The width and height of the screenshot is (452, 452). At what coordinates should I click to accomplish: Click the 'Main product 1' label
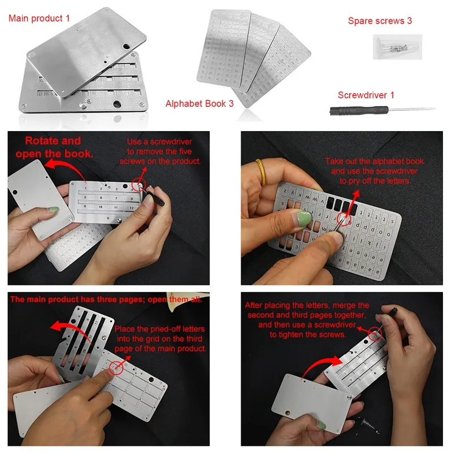(40, 18)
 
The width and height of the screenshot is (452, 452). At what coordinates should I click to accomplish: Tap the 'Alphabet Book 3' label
(199, 103)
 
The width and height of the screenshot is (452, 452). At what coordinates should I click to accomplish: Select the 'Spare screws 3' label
(380, 21)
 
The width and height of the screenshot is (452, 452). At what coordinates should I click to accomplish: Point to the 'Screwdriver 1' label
(366, 95)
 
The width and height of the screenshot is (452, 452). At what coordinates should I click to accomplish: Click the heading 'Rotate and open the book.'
(53, 147)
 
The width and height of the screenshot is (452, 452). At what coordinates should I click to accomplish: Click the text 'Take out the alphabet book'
(374, 162)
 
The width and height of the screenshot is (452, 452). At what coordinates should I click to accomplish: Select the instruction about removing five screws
(160, 151)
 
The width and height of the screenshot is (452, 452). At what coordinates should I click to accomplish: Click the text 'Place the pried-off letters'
(160, 329)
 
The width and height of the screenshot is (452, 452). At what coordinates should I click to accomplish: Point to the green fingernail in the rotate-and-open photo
(55, 211)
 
